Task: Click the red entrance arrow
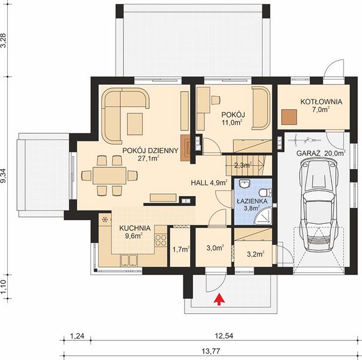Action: [219, 299]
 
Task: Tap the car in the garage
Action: [319, 206]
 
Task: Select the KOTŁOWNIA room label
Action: [321, 101]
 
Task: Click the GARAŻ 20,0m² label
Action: [321, 153]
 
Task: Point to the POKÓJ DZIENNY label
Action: [150, 151]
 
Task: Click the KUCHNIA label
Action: [135, 228]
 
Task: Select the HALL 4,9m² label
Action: [209, 183]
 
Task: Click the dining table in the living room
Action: [110, 176]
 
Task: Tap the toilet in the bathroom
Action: [266, 193]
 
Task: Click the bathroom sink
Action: [244, 184]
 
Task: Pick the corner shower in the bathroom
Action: [263, 216]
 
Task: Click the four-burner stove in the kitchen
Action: [161, 240]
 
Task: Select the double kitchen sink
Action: [129, 260]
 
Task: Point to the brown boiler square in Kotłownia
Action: [289, 117]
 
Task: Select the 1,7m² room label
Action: [181, 250]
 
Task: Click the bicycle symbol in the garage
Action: [307, 140]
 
